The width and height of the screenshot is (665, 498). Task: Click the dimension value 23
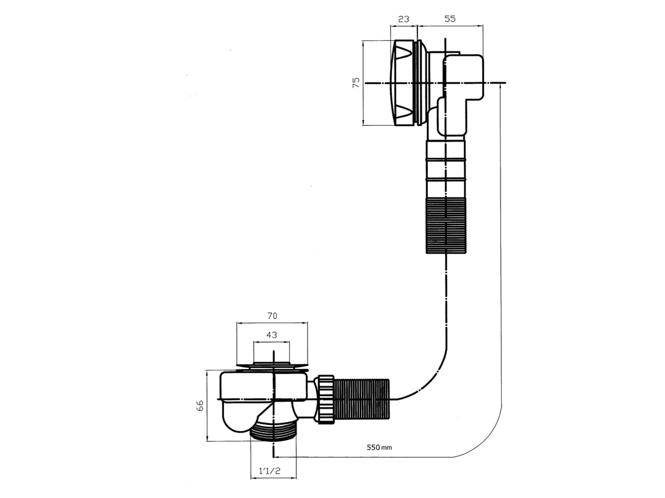click(403, 19)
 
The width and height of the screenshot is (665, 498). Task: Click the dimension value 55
click(450, 19)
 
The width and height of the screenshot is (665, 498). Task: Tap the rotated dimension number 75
click(356, 82)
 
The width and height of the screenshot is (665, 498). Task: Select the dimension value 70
click(272, 315)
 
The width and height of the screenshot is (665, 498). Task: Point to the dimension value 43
click(272, 335)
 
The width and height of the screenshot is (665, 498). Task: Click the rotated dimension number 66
click(200, 406)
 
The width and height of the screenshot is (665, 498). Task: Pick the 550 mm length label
click(379, 447)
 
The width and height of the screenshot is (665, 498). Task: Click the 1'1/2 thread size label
click(269, 471)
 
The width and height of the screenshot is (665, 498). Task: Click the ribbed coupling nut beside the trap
click(326, 399)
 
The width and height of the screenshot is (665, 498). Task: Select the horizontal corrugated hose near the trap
click(362, 399)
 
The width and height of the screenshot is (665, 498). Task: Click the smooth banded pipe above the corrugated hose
click(446, 169)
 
